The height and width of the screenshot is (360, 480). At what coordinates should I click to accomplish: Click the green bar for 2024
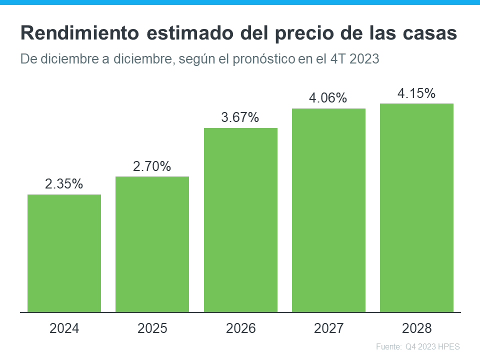[64, 253]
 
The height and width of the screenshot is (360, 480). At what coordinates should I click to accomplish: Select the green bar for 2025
[152, 244]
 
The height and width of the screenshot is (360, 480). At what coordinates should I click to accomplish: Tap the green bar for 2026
[240, 220]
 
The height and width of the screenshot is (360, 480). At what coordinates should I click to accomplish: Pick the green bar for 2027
[328, 210]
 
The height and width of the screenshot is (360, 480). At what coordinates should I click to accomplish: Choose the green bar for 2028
[416, 207]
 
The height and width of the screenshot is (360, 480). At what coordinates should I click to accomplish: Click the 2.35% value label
[64, 184]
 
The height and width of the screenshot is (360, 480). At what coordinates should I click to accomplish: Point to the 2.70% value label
[152, 166]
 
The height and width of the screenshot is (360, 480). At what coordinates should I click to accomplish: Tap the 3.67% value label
[240, 118]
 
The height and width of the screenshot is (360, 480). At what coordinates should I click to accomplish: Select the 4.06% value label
[328, 98]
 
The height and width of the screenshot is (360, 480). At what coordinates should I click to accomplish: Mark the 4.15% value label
[416, 93]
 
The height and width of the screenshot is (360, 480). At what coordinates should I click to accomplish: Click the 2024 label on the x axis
[64, 328]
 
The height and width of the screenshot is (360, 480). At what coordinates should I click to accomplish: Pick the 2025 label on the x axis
[152, 328]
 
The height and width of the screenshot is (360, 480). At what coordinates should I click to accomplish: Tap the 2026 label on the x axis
[240, 328]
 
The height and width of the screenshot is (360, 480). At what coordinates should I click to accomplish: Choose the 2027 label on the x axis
[328, 328]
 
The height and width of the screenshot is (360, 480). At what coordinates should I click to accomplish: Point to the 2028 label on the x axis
[416, 328]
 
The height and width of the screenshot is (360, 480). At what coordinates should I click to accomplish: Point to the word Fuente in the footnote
[387, 346]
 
